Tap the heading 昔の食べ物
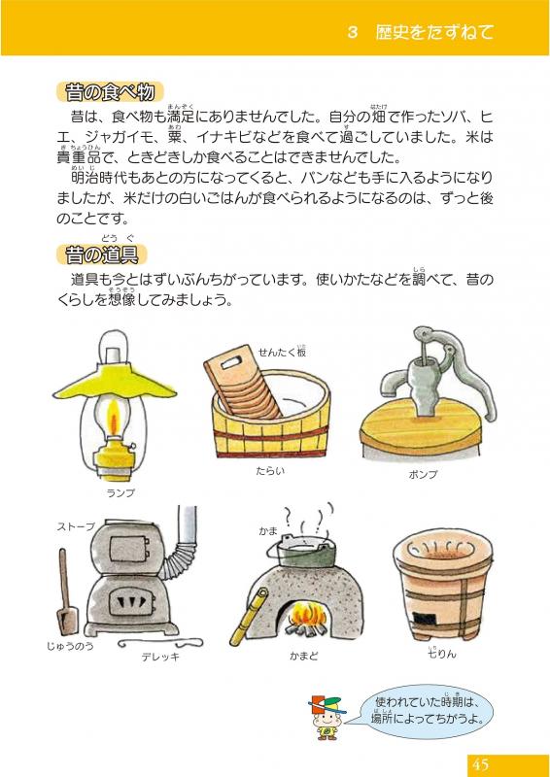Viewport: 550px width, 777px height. [x=110, y=92]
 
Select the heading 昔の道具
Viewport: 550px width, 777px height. [x=102, y=254]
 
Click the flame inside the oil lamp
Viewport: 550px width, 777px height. [x=114, y=418]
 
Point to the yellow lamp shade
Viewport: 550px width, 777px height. [x=115, y=382]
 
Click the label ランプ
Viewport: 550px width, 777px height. [x=120, y=493]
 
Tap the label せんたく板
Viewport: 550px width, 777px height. [x=282, y=352]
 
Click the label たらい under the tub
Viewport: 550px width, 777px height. [x=270, y=471]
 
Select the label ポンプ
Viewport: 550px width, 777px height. [x=423, y=475]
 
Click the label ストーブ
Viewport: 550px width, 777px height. [x=76, y=526]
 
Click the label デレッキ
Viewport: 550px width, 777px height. [x=160, y=658]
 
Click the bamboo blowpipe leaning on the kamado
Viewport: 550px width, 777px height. [x=249, y=617]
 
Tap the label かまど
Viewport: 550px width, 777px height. [x=303, y=657]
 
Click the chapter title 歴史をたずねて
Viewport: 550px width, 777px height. [x=434, y=32]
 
